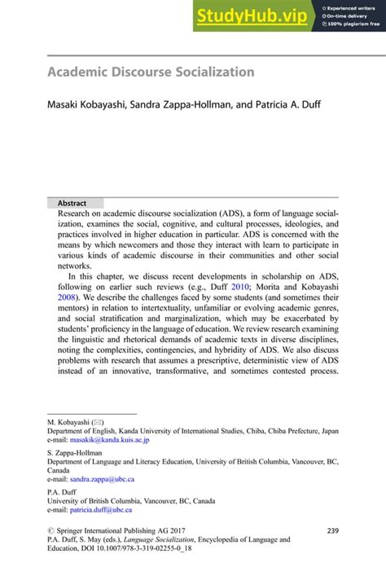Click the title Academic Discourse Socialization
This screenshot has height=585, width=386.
coord(151,72)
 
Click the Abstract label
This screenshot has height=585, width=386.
coord(72,203)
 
